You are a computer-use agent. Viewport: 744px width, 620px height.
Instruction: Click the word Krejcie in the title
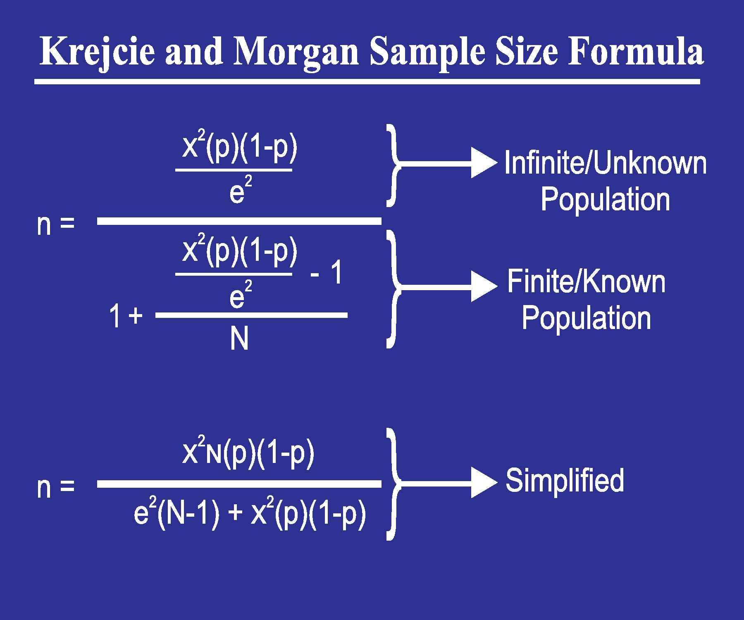(x=98, y=52)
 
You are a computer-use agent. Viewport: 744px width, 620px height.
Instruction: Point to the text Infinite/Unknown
(x=605, y=163)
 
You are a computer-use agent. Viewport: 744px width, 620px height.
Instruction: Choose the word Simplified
(x=565, y=481)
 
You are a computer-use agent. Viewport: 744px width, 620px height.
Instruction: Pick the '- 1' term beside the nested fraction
(x=327, y=273)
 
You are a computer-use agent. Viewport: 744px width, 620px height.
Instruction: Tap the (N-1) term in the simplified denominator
(x=188, y=514)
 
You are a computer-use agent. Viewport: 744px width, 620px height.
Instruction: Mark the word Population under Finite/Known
(x=586, y=318)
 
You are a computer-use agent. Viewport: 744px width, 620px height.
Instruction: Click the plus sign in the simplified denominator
(x=235, y=513)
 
